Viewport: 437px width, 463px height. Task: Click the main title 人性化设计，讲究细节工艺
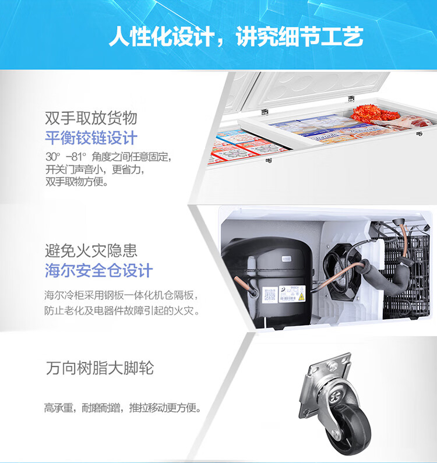236,37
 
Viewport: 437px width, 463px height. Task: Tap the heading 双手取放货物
91,118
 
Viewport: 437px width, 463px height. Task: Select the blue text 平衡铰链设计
91,137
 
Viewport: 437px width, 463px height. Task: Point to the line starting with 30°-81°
108,157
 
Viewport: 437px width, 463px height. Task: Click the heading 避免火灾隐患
91,250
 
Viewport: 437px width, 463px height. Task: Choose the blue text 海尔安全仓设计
98,270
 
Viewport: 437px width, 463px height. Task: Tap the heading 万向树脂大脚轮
100,368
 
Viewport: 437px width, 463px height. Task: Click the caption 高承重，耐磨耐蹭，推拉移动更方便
123,408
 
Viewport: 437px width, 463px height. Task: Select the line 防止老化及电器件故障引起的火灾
122,310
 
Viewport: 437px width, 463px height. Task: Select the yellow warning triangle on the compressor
301,297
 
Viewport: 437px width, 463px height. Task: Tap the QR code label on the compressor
269,295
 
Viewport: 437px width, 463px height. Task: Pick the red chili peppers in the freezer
375,113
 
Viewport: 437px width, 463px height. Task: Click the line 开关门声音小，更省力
95,169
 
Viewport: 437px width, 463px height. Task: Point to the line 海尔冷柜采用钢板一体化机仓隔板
121,295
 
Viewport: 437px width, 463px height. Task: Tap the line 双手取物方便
77,182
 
